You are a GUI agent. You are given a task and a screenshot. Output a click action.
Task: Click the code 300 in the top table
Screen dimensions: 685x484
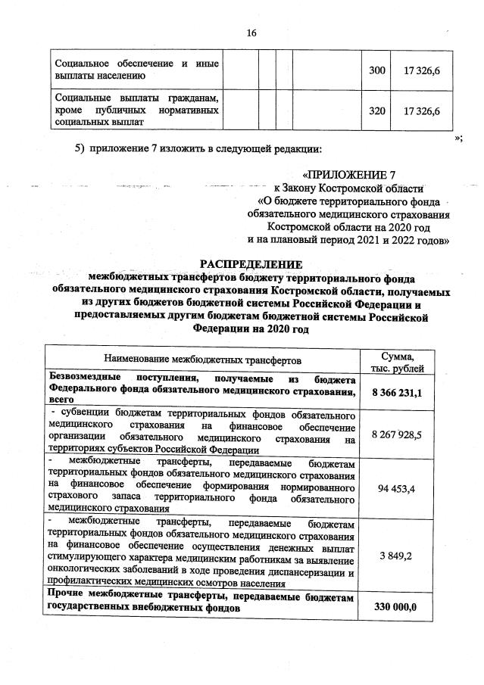(376, 70)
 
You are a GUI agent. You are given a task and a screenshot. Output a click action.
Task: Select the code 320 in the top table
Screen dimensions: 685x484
(376, 111)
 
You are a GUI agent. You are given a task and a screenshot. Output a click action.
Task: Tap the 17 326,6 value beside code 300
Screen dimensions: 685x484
(423, 70)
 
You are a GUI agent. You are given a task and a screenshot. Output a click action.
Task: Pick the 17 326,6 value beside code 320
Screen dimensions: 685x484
(423, 111)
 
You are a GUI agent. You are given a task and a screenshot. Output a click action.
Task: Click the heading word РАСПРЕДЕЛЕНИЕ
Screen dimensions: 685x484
(251, 264)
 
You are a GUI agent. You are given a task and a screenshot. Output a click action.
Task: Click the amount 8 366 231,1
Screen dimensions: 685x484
(397, 392)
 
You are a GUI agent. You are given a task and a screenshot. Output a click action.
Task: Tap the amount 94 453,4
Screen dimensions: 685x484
(397, 489)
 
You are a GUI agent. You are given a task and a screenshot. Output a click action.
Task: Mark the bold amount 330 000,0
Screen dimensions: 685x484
(397, 606)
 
